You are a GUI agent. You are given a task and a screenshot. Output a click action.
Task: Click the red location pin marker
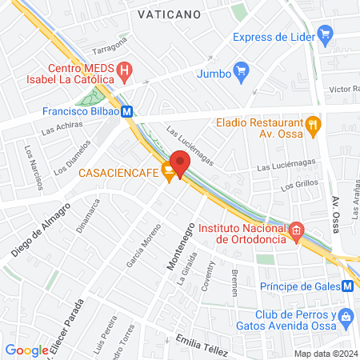(180, 163)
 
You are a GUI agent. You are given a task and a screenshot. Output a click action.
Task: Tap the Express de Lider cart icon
(324, 35)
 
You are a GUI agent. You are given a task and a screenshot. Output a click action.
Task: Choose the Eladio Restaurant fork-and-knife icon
(314, 124)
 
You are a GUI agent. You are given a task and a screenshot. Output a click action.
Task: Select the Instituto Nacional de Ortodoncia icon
(296, 231)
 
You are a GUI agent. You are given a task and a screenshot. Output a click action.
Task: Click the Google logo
(26, 350)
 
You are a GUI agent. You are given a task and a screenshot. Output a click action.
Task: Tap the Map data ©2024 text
(325, 354)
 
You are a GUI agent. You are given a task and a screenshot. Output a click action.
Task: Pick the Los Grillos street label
(299, 186)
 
